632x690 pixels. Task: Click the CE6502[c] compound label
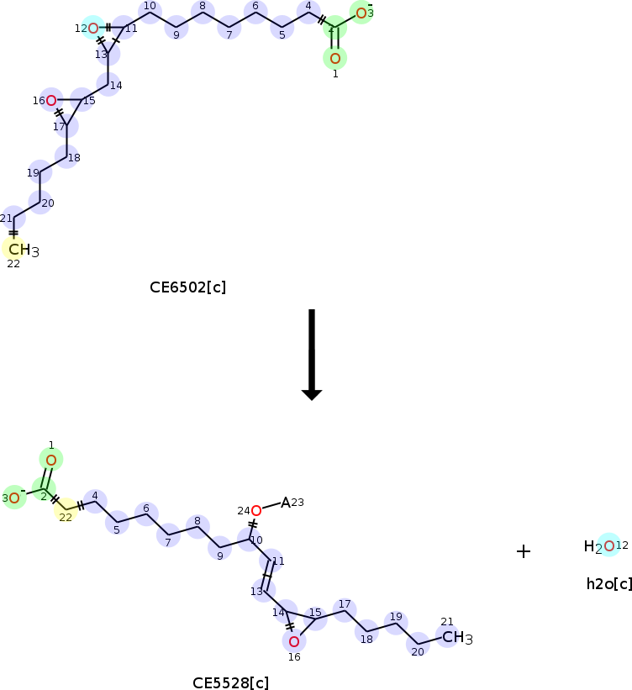click(x=187, y=287)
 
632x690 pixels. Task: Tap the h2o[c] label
click(x=608, y=583)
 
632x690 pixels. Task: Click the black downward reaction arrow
click(x=312, y=354)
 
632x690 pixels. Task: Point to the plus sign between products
click(x=524, y=551)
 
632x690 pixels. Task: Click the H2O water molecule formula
click(x=600, y=546)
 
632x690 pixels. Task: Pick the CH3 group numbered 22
click(x=23, y=250)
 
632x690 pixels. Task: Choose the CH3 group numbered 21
click(x=457, y=638)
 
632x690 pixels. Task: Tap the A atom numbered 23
click(x=286, y=503)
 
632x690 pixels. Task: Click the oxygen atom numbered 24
click(x=255, y=510)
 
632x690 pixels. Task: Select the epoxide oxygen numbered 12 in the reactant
click(x=93, y=29)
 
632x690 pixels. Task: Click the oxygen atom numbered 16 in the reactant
click(x=51, y=101)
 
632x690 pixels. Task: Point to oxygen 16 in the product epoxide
click(x=293, y=642)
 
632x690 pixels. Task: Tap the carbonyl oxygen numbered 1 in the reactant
click(x=334, y=58)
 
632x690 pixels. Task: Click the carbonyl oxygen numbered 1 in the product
click(x=51, y=460)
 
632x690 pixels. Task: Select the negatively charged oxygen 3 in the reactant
click(x=361, y=13)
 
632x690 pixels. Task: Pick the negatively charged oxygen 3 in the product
click(x=15, y=498)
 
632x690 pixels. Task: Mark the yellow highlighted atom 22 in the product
click(x=65, y=510)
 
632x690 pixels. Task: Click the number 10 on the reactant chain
click(x=150, y=7)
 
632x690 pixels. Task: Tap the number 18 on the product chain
click(x=366, y=639)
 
